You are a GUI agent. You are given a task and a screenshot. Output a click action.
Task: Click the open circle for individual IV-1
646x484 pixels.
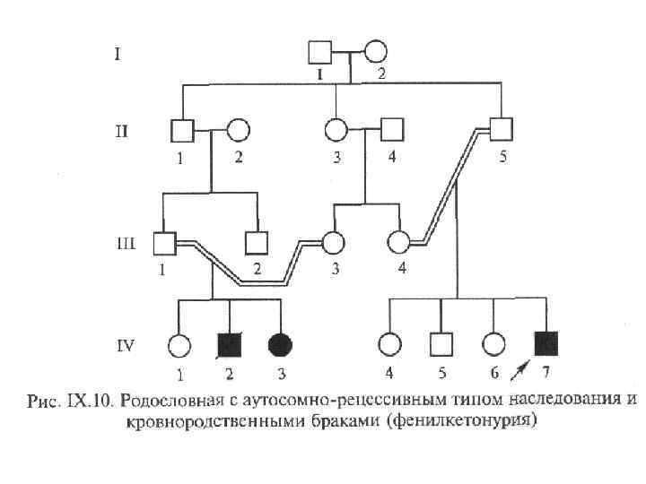coord(179,343)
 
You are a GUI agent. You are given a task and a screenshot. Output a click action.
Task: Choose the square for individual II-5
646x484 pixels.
coord(502,130)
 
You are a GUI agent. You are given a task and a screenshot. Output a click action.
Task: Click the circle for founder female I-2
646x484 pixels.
coord(374,52)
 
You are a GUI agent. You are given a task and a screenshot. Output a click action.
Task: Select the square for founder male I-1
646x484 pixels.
coord(320,52)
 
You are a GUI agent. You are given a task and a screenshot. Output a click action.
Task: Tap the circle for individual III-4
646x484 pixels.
coord(398,242)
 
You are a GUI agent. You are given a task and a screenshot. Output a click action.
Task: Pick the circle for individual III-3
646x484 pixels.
coord(334,242)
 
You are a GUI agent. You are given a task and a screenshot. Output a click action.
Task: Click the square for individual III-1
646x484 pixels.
coord(163,242)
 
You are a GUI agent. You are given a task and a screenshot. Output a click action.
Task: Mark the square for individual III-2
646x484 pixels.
coord(258,242)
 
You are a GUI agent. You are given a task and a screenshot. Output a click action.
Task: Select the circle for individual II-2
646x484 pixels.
coord(237,131)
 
